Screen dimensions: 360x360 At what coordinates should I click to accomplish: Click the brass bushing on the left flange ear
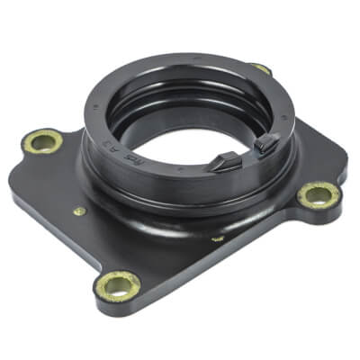42,140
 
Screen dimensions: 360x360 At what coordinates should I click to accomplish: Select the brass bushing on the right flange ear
314,193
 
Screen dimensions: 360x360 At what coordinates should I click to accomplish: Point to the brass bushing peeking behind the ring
260,68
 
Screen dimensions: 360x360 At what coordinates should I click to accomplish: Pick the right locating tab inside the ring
265,142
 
